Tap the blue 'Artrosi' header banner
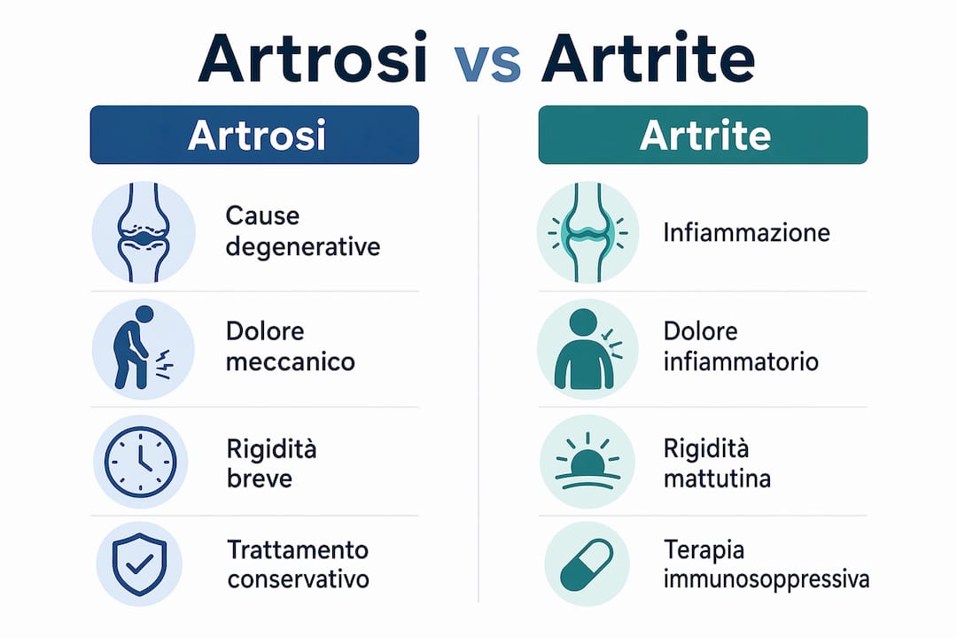click(x=254, y=135)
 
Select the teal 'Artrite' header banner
click(x=703, y=135)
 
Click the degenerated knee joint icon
click(x=144, y=233)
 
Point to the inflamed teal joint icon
click(x=587, y=233)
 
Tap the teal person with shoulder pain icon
click(x=587, y=349)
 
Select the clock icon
click(x=140, y=462)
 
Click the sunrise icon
click(x=587, y=462)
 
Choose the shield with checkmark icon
click(x=140, y=564)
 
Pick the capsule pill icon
click(x=587, y=564)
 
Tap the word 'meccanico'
click(x=291, y=362)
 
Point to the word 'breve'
click(x=260, y=478)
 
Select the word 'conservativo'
click(x=299, y=579)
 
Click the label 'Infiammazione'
click(x=746, y=233)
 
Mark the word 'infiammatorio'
click(x=741, y=362)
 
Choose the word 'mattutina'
click(x=717, y=478)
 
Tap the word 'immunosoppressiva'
click(x=766, y=580)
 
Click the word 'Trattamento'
click(x=298, y=550)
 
